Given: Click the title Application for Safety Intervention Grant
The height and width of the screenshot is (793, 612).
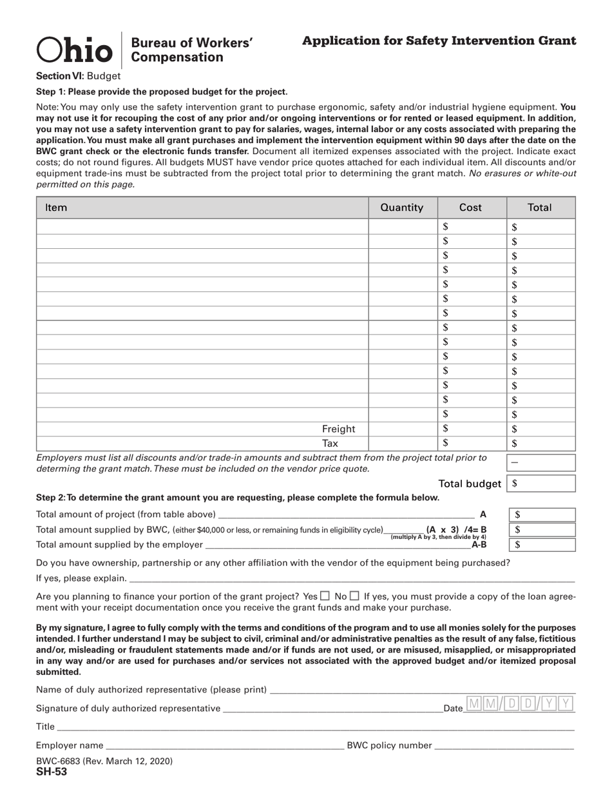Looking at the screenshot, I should coord(439,41).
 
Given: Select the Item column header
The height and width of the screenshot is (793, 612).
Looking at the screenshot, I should coord(56,208).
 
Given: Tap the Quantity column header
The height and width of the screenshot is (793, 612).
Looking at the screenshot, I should coord(402,208).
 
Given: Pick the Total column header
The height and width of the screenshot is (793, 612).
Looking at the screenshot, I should coord(539,208).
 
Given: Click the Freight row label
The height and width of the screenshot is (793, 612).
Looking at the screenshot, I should coord(338,429).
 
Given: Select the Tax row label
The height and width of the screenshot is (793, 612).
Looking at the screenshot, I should coord(330,444).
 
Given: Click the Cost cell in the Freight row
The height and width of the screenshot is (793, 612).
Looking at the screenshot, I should coord(472,429).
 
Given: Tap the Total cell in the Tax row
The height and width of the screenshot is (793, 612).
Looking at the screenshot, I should coord(541,444).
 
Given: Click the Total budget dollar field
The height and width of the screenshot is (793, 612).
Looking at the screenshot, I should coord(541,484).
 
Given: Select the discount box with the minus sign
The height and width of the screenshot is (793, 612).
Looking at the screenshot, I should coord(541,462).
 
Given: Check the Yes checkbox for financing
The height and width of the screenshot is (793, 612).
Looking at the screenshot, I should coord(325,596).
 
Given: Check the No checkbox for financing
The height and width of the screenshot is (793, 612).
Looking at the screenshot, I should coord(354,596).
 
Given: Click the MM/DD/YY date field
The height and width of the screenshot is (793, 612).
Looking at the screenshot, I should coord(519,704).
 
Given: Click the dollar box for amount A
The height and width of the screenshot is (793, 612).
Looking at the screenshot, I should coord(542,514).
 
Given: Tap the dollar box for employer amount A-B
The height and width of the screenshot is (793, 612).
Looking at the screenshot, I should coord(542,545).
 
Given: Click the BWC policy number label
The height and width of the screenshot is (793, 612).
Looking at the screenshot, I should coord(389,745).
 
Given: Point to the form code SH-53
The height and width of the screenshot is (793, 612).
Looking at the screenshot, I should coord(52,772).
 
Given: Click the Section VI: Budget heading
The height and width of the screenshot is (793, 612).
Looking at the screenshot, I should coord(78,75).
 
